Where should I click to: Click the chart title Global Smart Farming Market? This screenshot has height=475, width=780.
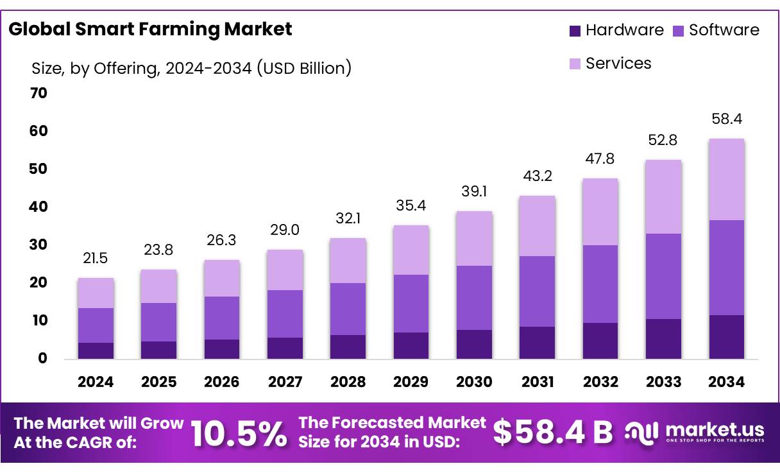pos(150,29)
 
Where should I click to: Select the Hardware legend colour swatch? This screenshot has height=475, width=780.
pos(575,30)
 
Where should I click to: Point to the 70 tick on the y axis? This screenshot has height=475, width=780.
pos(38,93)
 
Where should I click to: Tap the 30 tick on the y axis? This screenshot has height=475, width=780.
pos(38,245)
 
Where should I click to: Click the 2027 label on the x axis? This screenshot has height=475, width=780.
pos(285,383)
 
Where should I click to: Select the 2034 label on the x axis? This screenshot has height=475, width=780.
pos(727,383)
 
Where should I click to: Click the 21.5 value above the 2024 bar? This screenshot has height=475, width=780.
pos(96,258)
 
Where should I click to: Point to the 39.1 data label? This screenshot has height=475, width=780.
pos(474,191)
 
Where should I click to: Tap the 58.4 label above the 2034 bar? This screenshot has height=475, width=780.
pos(727,119)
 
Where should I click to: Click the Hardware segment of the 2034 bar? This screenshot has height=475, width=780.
pos(727,336)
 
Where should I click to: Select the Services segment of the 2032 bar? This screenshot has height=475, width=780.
pos(600,212)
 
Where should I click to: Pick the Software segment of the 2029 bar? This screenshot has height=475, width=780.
pos(411,303)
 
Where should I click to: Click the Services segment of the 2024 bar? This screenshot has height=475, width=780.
pos(96,293)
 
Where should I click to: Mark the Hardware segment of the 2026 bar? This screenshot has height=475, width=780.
pos(222,349)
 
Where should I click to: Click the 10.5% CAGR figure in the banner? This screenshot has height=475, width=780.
pos(239,433)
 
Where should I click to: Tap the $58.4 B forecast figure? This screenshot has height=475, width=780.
pos(553,433)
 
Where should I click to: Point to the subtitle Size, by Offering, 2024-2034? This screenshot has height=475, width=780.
pos(191,68)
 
